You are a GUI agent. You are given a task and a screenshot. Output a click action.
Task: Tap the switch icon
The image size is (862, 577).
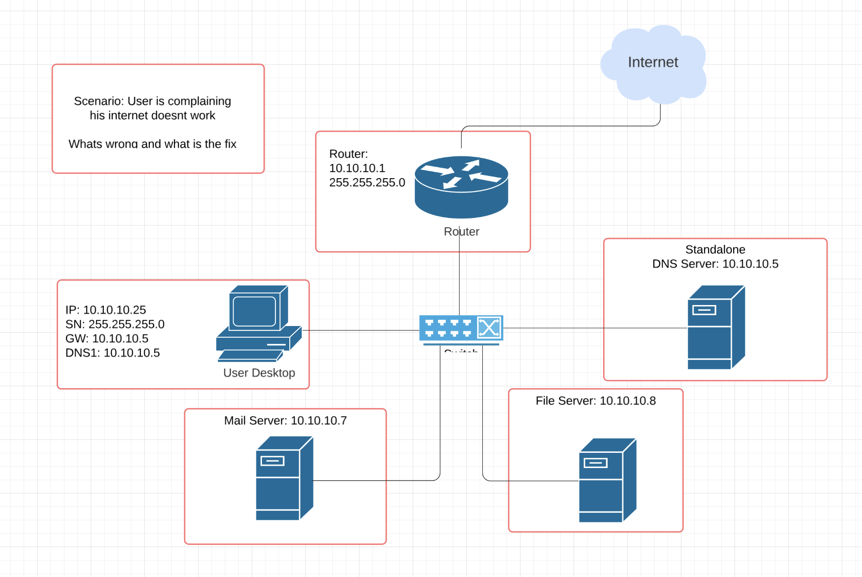click(x=461, y=329)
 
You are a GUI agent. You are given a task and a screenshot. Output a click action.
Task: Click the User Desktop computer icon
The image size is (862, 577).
click(x=258, y=323)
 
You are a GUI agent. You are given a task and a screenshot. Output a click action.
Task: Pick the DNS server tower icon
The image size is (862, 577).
click(x=716, y=327)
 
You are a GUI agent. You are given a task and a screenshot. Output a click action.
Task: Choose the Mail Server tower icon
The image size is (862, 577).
click(x=284, y=478)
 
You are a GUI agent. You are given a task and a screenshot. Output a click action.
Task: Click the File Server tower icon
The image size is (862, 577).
click(x=607, y=480)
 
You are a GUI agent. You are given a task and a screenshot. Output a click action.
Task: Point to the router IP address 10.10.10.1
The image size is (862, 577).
click(x=357, y=168)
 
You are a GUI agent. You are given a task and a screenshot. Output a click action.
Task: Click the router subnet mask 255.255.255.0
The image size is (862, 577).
click(x=367, y=183)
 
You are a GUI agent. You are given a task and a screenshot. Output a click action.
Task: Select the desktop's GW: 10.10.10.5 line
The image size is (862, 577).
click(x=107, y=339)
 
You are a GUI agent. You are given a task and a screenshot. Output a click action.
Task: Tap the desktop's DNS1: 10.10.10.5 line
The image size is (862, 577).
click(x=113, y=353)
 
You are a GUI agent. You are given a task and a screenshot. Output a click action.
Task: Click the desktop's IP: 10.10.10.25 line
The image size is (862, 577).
click(x=106, y=310)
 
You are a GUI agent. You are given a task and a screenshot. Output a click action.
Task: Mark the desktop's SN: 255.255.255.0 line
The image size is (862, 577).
click(x=115, y=324)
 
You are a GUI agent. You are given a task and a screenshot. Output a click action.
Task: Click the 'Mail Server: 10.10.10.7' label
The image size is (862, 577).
click(x=285, y=421)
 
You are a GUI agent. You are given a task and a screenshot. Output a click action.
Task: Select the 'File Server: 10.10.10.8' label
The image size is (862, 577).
click(x=596, y=401)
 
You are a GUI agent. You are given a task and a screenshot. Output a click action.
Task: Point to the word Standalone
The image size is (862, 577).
click(x=715, y=250)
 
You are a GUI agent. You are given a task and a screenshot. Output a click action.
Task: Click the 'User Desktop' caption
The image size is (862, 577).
click(x=259, y=373)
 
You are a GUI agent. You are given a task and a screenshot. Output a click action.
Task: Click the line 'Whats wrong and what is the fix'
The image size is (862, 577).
click(x=152, y=144)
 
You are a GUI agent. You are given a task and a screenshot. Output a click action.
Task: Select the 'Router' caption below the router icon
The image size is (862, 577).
click(x=461, y=232)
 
